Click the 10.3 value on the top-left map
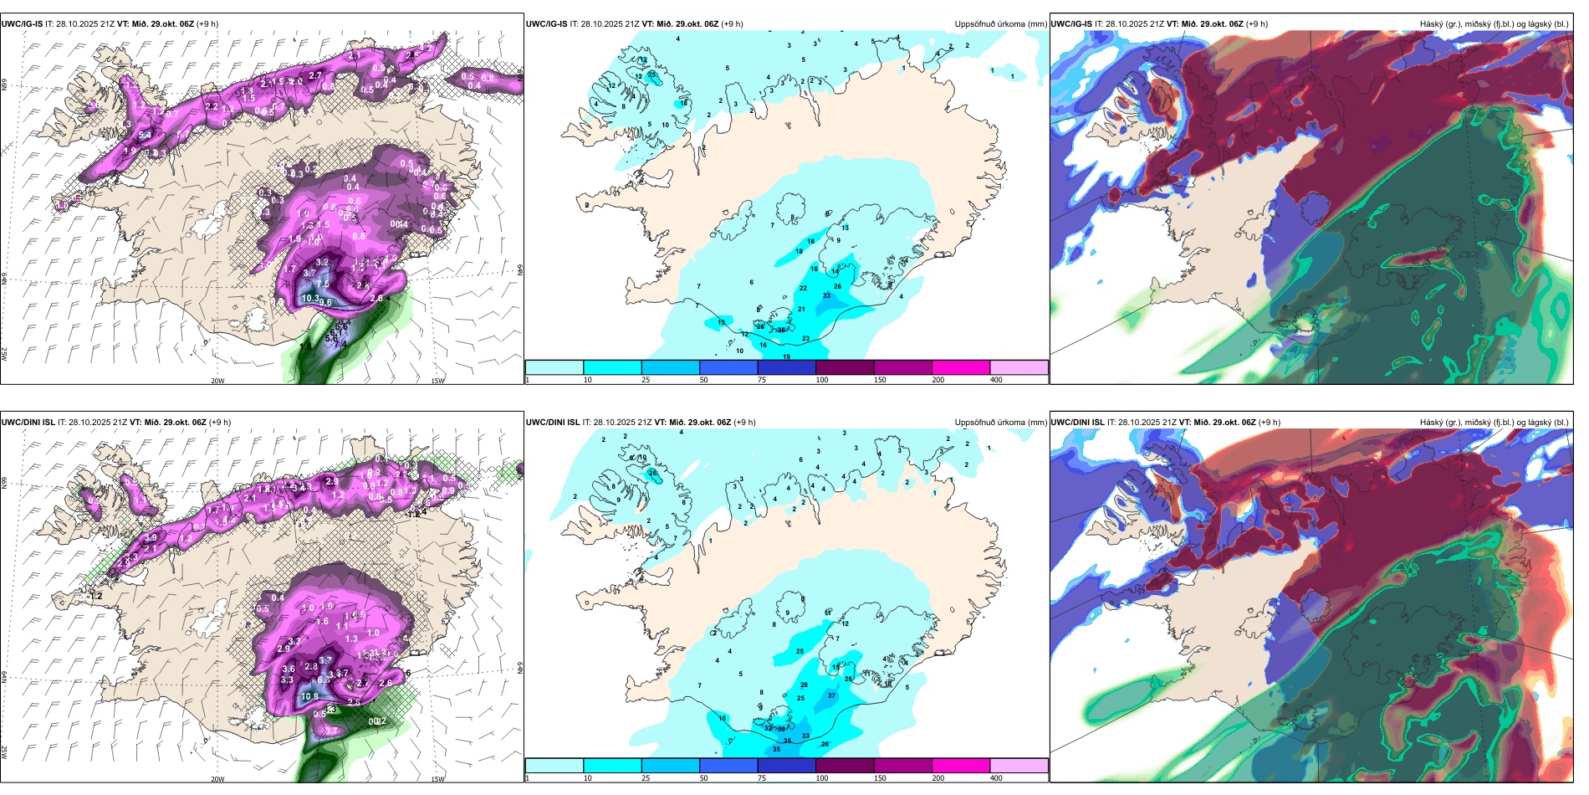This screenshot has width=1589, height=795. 310,298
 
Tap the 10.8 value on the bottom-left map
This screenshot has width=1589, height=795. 309,696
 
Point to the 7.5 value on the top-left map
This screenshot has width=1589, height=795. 323,285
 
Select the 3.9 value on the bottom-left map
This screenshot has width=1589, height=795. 151,537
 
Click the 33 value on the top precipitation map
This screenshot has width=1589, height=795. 826,295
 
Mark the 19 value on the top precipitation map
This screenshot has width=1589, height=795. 786,357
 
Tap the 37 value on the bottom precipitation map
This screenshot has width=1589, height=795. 831,695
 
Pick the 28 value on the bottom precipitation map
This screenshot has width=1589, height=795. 804,685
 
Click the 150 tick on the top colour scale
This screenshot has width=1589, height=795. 880,380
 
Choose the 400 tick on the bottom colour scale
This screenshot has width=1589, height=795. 996,778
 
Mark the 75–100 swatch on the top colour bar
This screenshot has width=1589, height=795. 786,367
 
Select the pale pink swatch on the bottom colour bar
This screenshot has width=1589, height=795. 1019,766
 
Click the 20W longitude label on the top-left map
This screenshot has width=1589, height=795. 217,381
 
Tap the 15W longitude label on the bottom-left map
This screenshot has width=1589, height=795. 437,779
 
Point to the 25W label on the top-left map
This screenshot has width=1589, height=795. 4,354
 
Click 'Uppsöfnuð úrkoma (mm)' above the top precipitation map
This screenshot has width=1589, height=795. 1000,24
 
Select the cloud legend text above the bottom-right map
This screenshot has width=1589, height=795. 1494,423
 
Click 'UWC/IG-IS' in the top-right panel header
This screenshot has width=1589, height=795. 1071,24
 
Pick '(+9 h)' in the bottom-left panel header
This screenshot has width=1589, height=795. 219,423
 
